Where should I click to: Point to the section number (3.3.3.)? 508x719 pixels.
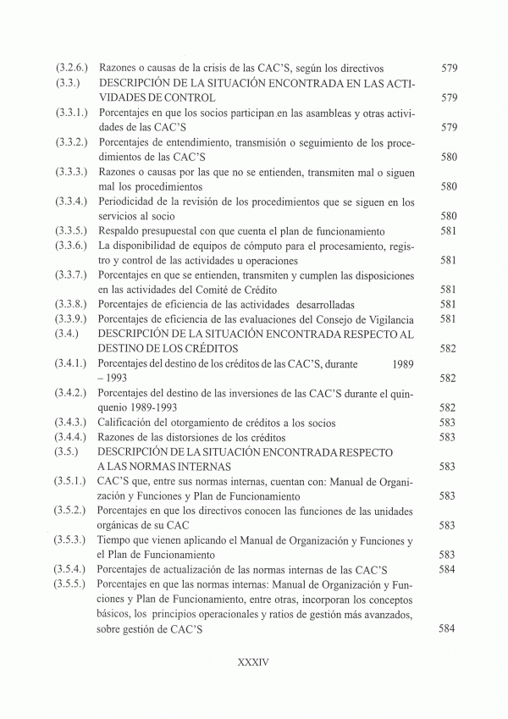click(74, 172)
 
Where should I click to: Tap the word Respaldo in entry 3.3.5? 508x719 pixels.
click(122, 231)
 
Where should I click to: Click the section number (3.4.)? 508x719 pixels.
click(69, 334)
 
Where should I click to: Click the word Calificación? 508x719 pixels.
click(129, 423)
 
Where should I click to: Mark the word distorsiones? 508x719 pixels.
click(201, 437)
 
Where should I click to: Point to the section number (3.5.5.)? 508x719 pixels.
click(74, 584)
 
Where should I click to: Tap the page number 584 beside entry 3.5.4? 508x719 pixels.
click(449, 569)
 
